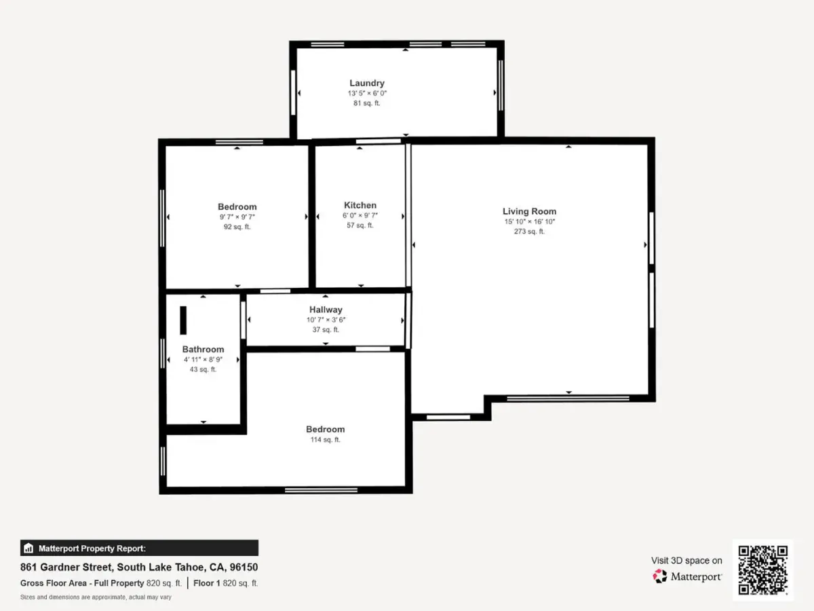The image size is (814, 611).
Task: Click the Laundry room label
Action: [x=367, y=83]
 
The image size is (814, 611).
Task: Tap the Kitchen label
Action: [x=360, y=205]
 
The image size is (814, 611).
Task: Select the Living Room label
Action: [x=529, y=211]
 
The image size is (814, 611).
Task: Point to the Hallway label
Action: [x=326, y=310]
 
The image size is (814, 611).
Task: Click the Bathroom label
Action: [x=203, y=350]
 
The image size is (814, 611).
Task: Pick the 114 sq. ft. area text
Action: [x=325, y=440]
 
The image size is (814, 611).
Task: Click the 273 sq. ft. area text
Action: [x=529, y=232]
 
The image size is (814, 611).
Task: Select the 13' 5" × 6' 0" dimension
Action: [x=367, y=94]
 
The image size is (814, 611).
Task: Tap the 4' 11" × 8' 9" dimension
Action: [x=203, y=360]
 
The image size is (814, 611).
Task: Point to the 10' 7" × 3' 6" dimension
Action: [x=326, y=320]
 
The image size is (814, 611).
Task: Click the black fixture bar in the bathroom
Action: [x=183, y=320]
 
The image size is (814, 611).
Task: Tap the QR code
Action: [x=763, y=570]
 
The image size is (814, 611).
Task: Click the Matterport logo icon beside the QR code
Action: [x=660, y=576]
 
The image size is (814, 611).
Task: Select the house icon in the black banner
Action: [x=28, y=548]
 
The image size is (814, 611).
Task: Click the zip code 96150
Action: [x=244, y=568]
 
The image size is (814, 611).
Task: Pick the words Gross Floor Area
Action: [x=54, y=583]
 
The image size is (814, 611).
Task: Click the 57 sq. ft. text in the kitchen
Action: [x=360, y=225]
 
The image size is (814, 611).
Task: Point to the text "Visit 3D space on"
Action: [x=686, y=561]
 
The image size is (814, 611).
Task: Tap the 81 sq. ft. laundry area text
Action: [x=367, y=103]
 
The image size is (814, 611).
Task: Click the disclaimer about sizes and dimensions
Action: [x=96, y=597]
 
